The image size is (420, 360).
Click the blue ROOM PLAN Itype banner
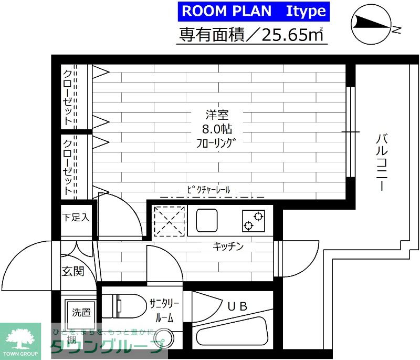[254, 11]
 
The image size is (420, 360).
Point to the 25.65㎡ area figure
[292, 35]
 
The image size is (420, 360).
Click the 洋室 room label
[217, 115]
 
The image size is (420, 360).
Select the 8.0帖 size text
[217, 129]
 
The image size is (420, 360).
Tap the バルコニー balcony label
[382, 162]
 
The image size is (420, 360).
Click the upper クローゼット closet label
[68, 97]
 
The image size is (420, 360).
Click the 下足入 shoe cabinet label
[76, 217]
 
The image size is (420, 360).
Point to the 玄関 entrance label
[73, 271]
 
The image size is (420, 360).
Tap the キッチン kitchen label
[228, 246]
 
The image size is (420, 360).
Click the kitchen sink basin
[207, 220]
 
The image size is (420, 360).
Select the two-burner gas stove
[254, 221]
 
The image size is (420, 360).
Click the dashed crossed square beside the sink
[169, 221]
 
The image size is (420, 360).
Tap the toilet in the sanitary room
[123, 306]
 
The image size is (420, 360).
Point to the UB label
[237, 306]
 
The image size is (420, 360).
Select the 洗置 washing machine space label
[81, 312]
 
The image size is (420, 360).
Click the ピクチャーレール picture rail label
[208, 190]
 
